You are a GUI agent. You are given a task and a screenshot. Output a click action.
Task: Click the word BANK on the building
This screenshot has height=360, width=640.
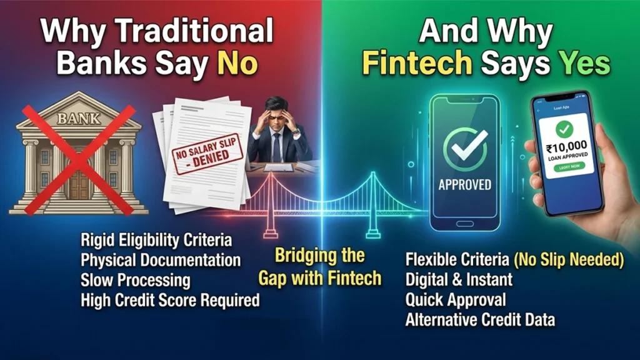78,117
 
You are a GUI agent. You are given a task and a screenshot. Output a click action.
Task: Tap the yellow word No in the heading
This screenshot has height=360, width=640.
237,64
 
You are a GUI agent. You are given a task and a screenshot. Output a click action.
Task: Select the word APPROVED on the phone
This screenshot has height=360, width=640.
464,184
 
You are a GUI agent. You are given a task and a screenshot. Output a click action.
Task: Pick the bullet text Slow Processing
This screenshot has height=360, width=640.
136,280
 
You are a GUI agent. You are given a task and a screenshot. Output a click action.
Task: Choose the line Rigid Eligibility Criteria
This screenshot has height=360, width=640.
156,240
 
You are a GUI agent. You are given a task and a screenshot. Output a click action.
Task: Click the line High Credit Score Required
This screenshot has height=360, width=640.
170,300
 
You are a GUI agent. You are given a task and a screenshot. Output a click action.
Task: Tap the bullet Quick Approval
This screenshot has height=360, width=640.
456,300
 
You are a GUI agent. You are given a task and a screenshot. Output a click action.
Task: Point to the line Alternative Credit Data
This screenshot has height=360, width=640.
480,320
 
